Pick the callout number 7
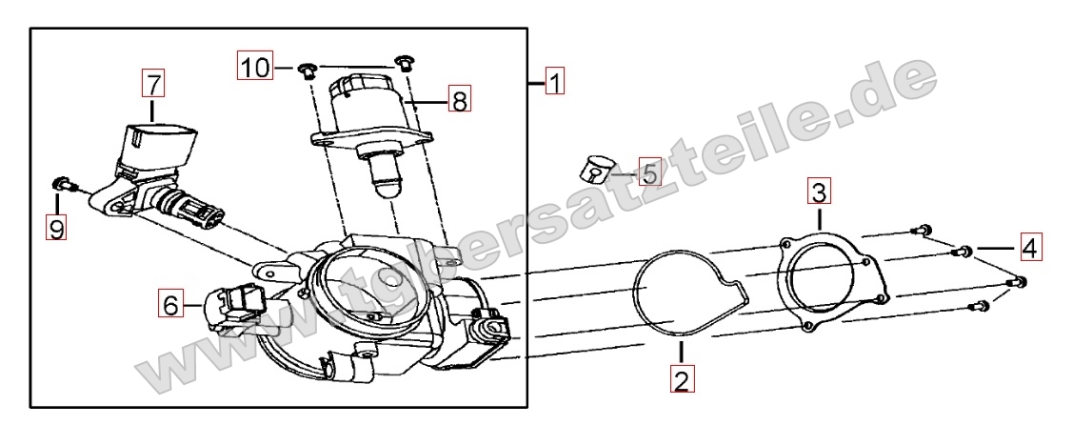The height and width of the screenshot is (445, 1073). pos(153,84)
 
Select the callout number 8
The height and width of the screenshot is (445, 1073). pos(460,101)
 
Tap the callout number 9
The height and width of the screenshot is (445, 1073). pos(57,227)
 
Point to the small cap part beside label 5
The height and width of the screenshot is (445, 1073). pos(594,169)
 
